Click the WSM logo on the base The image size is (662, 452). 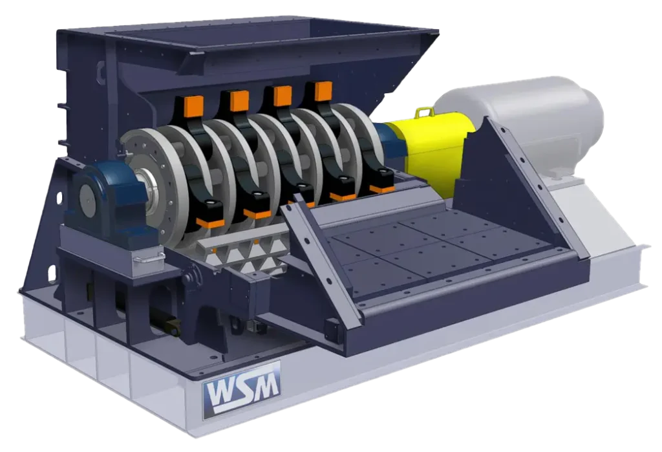click(241, 389)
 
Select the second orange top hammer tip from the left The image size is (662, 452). click(239, 100)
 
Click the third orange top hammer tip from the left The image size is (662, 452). click(282, 95)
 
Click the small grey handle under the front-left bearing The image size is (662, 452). click(145, 259)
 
